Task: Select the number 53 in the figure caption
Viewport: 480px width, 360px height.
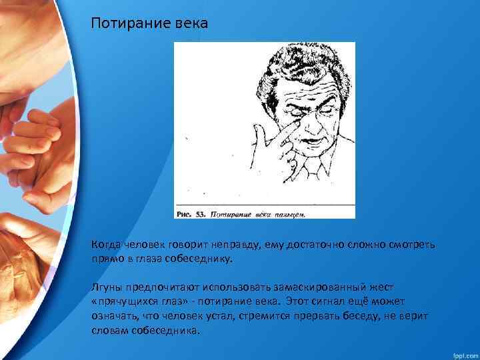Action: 199,215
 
